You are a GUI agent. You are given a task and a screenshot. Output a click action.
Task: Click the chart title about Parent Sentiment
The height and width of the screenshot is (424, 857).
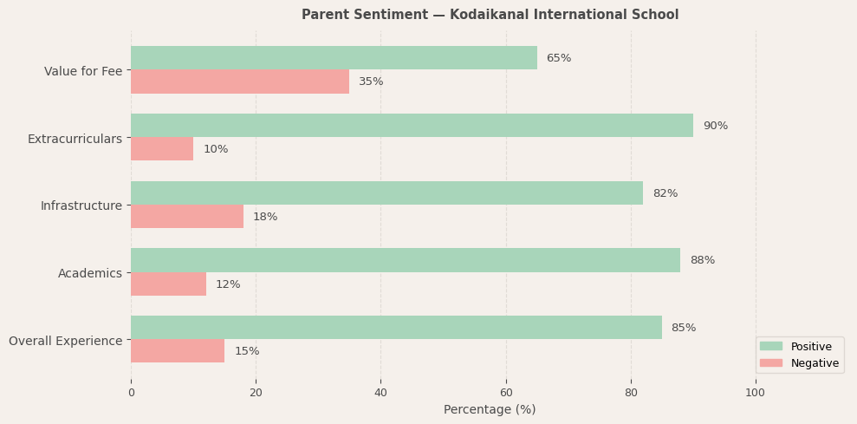490,15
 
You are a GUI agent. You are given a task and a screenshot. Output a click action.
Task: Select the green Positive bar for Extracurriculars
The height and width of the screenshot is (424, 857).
412,125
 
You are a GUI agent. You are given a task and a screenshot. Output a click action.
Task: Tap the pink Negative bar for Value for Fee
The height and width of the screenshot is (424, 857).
240,82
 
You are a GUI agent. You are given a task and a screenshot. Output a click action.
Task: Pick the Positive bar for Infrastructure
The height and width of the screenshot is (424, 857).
386,192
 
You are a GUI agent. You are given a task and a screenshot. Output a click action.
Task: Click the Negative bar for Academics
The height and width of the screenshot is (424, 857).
168,284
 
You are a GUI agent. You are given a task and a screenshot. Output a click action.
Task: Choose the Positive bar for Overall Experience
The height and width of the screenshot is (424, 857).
396,327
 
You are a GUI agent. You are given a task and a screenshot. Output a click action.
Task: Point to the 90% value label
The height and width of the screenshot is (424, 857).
715,126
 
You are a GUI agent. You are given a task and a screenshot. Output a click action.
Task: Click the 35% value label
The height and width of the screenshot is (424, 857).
371,82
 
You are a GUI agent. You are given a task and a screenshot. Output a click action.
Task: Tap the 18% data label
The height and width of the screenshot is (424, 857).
265,217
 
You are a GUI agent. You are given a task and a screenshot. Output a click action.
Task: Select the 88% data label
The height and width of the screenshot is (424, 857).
702,260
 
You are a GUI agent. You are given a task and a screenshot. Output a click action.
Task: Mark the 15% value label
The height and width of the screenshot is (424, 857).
247,351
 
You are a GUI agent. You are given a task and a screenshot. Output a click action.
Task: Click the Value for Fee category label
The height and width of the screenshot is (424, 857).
83,71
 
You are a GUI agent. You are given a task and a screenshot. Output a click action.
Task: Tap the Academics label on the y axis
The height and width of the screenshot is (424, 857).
90,273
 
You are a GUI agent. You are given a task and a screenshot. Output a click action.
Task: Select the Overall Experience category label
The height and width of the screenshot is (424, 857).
66,341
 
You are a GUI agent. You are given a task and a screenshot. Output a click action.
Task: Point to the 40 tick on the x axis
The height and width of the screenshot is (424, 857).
380,393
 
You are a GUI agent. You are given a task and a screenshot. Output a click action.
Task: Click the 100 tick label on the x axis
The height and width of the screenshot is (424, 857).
756,393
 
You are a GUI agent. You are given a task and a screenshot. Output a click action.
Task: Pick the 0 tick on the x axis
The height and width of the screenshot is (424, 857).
131,393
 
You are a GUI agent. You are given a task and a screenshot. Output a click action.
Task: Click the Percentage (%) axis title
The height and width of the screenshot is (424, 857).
490,409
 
